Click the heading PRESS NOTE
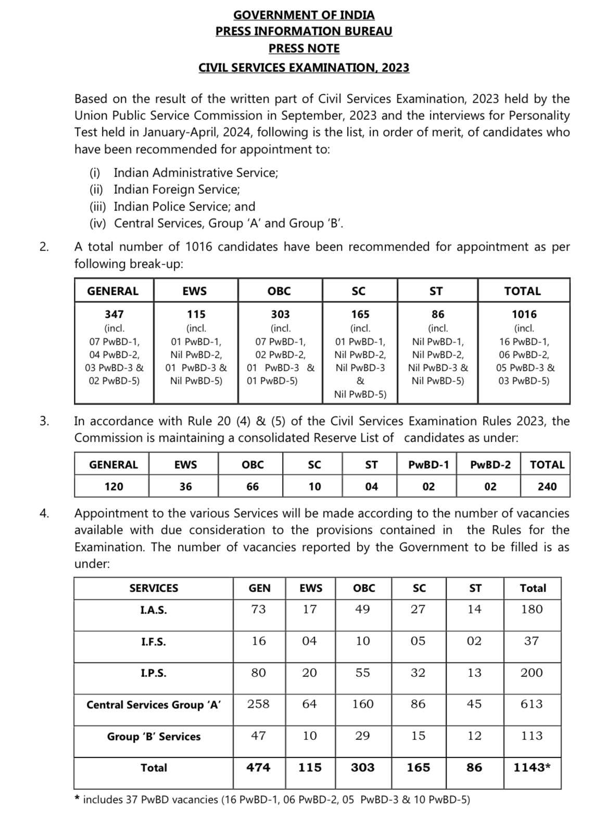[304, 48]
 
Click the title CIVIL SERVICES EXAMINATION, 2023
[304, 68]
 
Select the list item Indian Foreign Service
[176, 190]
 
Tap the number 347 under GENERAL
[115, 314]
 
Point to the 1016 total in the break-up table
[524, 314]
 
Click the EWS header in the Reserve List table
[185, 464]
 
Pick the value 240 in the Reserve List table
[547, 486]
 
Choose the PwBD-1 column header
[428, 464]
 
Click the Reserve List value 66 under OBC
[252, 486]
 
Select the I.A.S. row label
[154, 610]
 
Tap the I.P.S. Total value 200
[531, 673]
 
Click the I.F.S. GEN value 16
[259, 641]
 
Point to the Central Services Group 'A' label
[154, 704]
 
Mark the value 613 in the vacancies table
[531, 704]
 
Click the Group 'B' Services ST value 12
[474, 736]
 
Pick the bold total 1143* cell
[532, 767]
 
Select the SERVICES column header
[154, 588]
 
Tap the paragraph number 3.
[44, 421]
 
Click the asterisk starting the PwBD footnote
[77, 798]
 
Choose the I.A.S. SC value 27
[418, 609]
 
